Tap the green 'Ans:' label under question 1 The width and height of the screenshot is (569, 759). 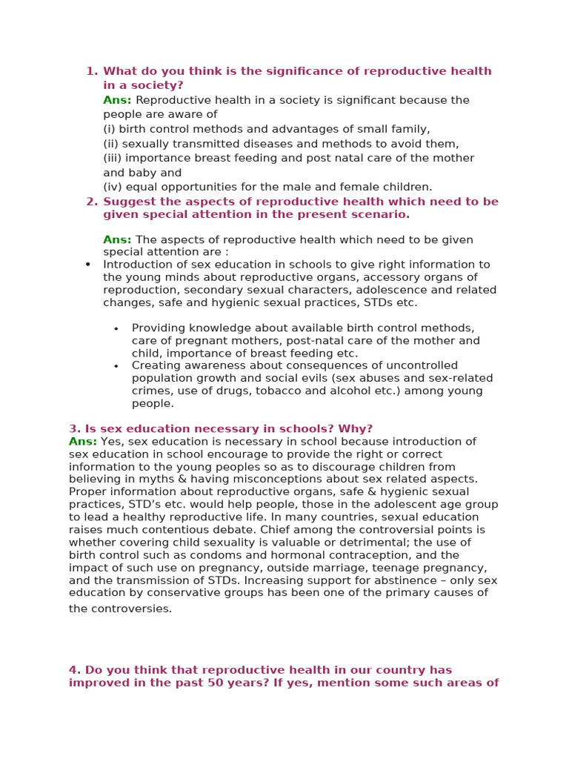pyautogui.click(x=117, y=100)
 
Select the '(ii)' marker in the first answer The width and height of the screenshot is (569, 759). pyautogui.click(x=110, y=144)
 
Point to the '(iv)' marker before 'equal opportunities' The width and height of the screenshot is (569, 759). pyautogui.click(x=112, y=187)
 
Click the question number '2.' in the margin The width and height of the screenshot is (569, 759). pyautogui.click(x=92, y=202)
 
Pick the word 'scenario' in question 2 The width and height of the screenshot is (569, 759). pyautogui.click(x=380, y=214)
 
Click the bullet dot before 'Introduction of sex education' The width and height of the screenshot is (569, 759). pyautogui.click(x=88, y=265)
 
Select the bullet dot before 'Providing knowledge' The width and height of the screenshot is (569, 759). pyautogui.click(x=116, y=328)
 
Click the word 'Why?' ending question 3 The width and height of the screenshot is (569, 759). pyautogui.click(x=356, y=428)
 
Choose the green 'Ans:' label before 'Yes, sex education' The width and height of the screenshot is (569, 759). pyautogui.click(x=82, y=441)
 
